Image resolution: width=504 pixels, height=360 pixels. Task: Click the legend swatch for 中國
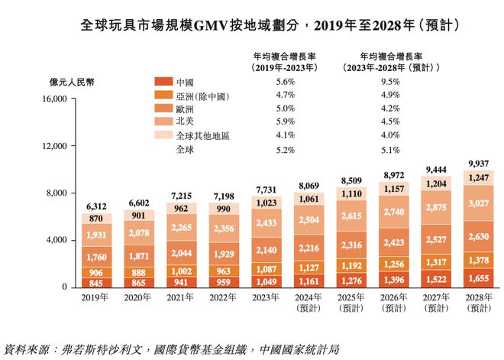163,82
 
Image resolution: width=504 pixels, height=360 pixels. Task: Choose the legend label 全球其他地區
202,135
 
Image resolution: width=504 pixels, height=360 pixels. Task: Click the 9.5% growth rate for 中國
389,82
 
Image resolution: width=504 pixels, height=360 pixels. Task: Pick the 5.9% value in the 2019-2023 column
285,121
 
